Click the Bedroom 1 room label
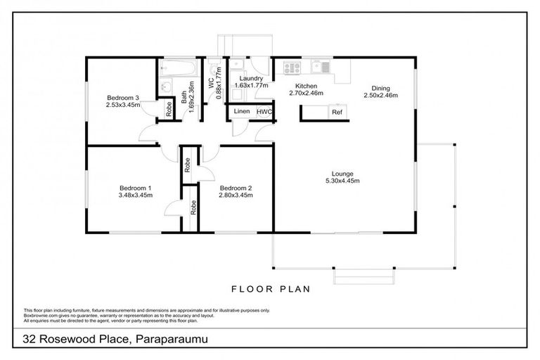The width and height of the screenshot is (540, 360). pyautogui.click(x=136, y=188)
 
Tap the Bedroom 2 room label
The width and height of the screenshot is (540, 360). pyautogui.click(x=236, y=188)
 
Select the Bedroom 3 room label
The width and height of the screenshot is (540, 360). pyautogui.click(x=123, y=98)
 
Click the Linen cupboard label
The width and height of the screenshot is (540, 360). pyautogui.click(x=241, y=112)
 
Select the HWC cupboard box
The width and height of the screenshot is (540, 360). pyautogui.click(x=264, y=112)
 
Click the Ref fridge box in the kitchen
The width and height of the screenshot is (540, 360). pyautogui.click(x=337, y=112)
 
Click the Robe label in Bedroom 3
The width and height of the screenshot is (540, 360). pyautogui.click(x=169, y=109)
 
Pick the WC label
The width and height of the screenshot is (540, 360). pyautogui.click(x=210, y=82)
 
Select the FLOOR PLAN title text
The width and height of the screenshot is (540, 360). pyautogui.click(x=270, y=288)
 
